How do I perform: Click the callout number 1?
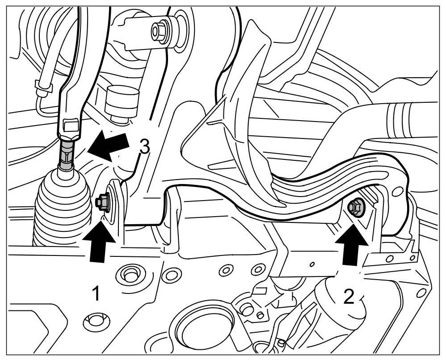coord(95,294)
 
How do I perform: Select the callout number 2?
coord(349,296)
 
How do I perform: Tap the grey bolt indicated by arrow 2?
coord(356,207)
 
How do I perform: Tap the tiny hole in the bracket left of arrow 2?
coord(312,264)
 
